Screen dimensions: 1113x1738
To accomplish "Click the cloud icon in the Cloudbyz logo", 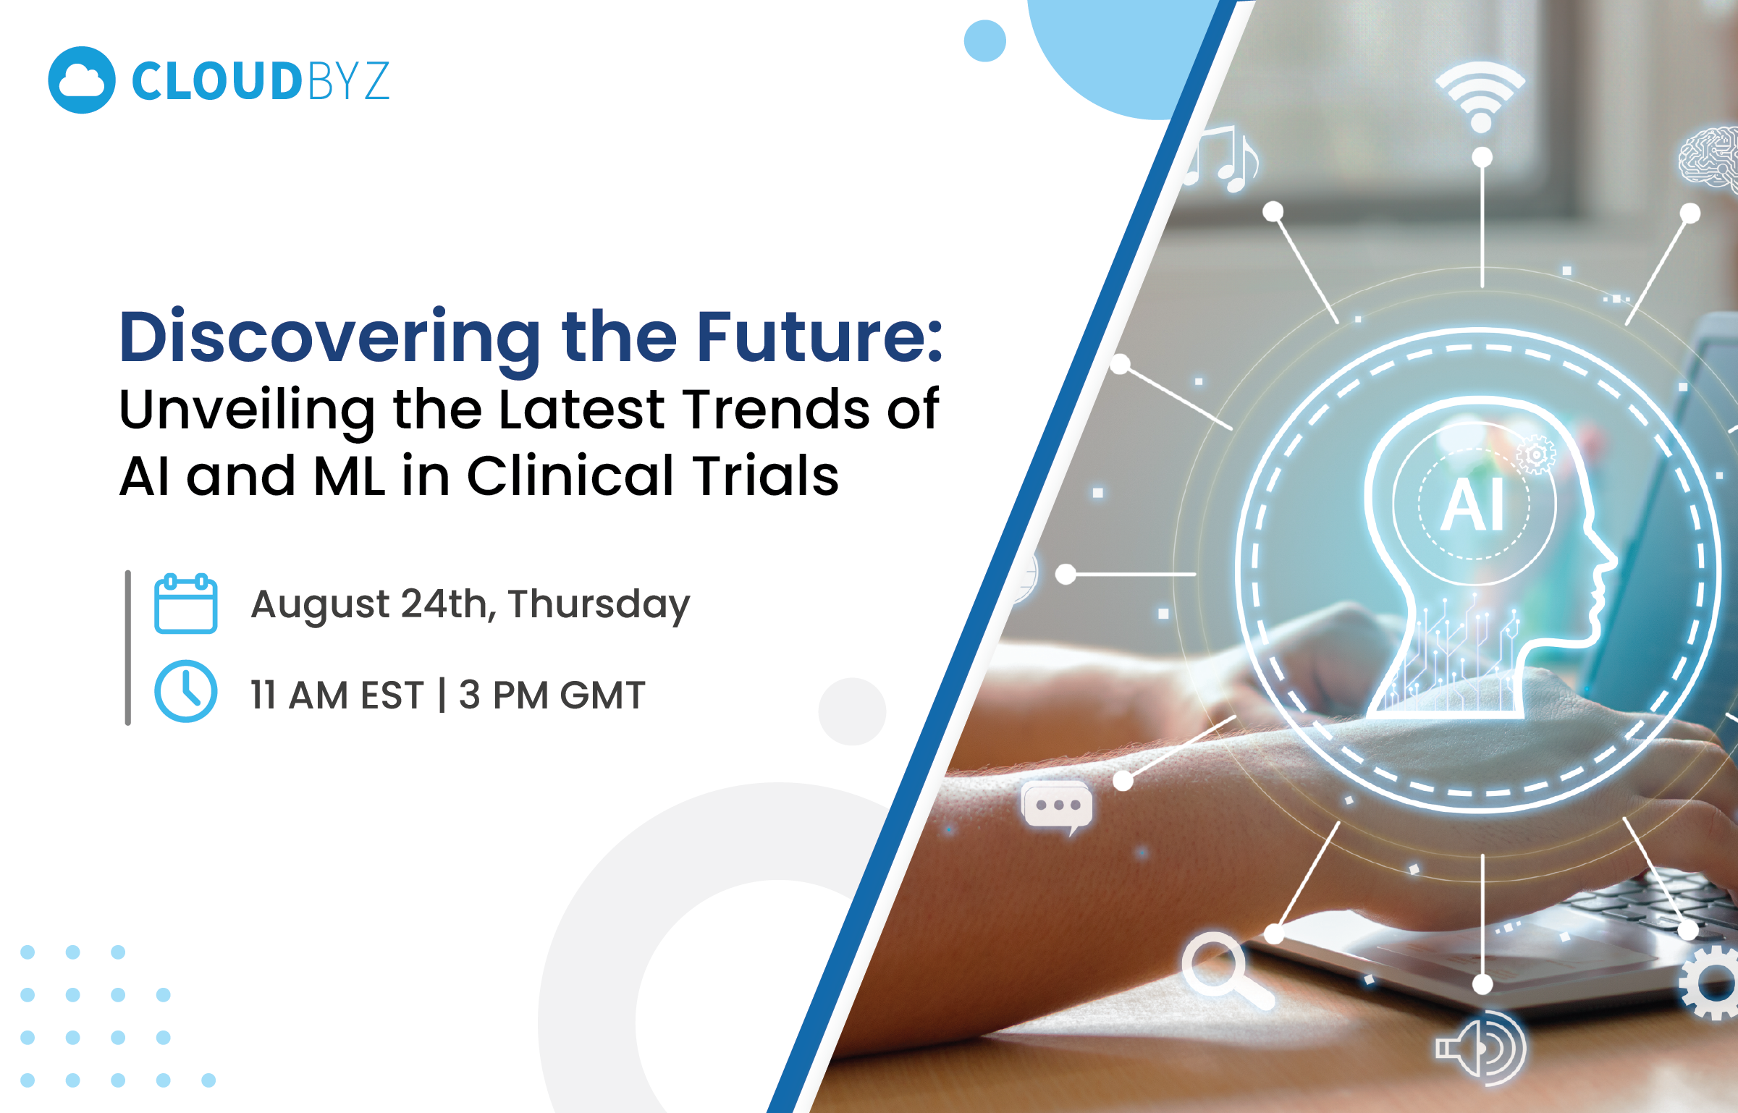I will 82,80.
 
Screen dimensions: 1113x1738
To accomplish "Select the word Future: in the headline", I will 819,337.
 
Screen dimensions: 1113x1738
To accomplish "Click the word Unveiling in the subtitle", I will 247,410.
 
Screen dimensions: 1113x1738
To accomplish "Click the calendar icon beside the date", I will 185,604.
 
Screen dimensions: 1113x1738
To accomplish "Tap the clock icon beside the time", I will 185,691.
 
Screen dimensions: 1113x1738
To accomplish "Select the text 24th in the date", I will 444,604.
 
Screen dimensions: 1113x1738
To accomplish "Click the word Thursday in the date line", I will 599,605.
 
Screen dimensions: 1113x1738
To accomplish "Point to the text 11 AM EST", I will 337,695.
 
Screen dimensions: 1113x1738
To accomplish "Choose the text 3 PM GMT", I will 552,695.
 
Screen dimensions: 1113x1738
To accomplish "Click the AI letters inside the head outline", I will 1473,505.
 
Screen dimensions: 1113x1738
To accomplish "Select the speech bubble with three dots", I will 1056,805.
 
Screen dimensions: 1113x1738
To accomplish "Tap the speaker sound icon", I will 1481,1048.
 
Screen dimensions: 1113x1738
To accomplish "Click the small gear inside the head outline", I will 1535,454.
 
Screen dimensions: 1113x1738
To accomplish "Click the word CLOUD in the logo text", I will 216,81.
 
